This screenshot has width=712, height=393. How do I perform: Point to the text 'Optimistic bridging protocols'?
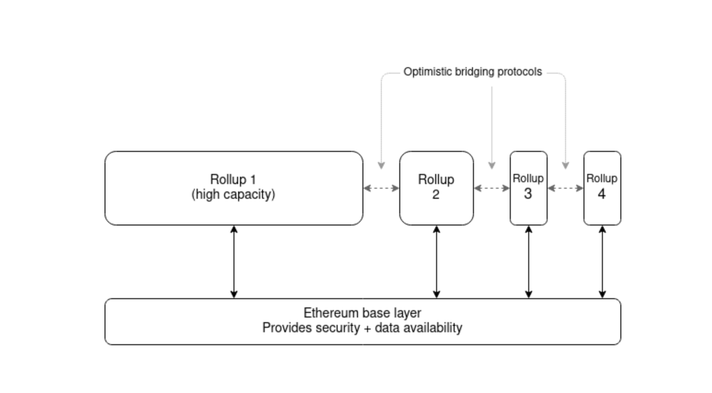point(472,72)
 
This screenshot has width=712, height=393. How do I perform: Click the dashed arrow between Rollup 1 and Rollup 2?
point(381,188)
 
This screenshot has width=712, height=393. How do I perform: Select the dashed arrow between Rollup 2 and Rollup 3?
point(491,188)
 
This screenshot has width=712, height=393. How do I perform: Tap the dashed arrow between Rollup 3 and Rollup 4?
point(565,188)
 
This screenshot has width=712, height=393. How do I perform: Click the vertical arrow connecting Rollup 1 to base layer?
point(234,261)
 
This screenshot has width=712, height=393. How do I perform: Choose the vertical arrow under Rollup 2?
point(437,261)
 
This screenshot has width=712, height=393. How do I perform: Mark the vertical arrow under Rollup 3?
point(529,261)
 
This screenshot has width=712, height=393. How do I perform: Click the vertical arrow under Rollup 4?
point(602,261)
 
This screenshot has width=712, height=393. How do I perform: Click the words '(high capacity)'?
point(233,194)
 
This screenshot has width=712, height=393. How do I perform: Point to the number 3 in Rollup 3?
point(528,194)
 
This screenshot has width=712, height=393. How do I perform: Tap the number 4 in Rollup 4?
point(602,194)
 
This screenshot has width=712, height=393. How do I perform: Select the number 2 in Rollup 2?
point(436,194)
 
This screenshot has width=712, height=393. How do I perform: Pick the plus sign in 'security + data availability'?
point(371,328)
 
